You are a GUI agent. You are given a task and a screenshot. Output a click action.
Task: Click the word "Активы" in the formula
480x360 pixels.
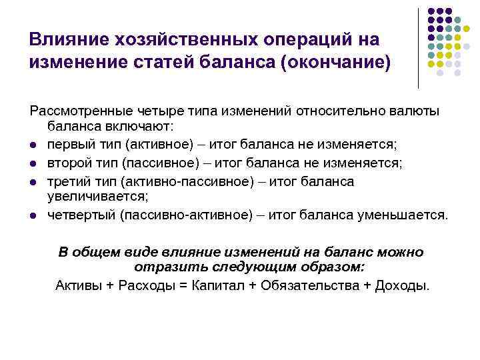click(78, 286)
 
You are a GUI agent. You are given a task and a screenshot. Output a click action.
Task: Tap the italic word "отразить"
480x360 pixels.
click(161, 268)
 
